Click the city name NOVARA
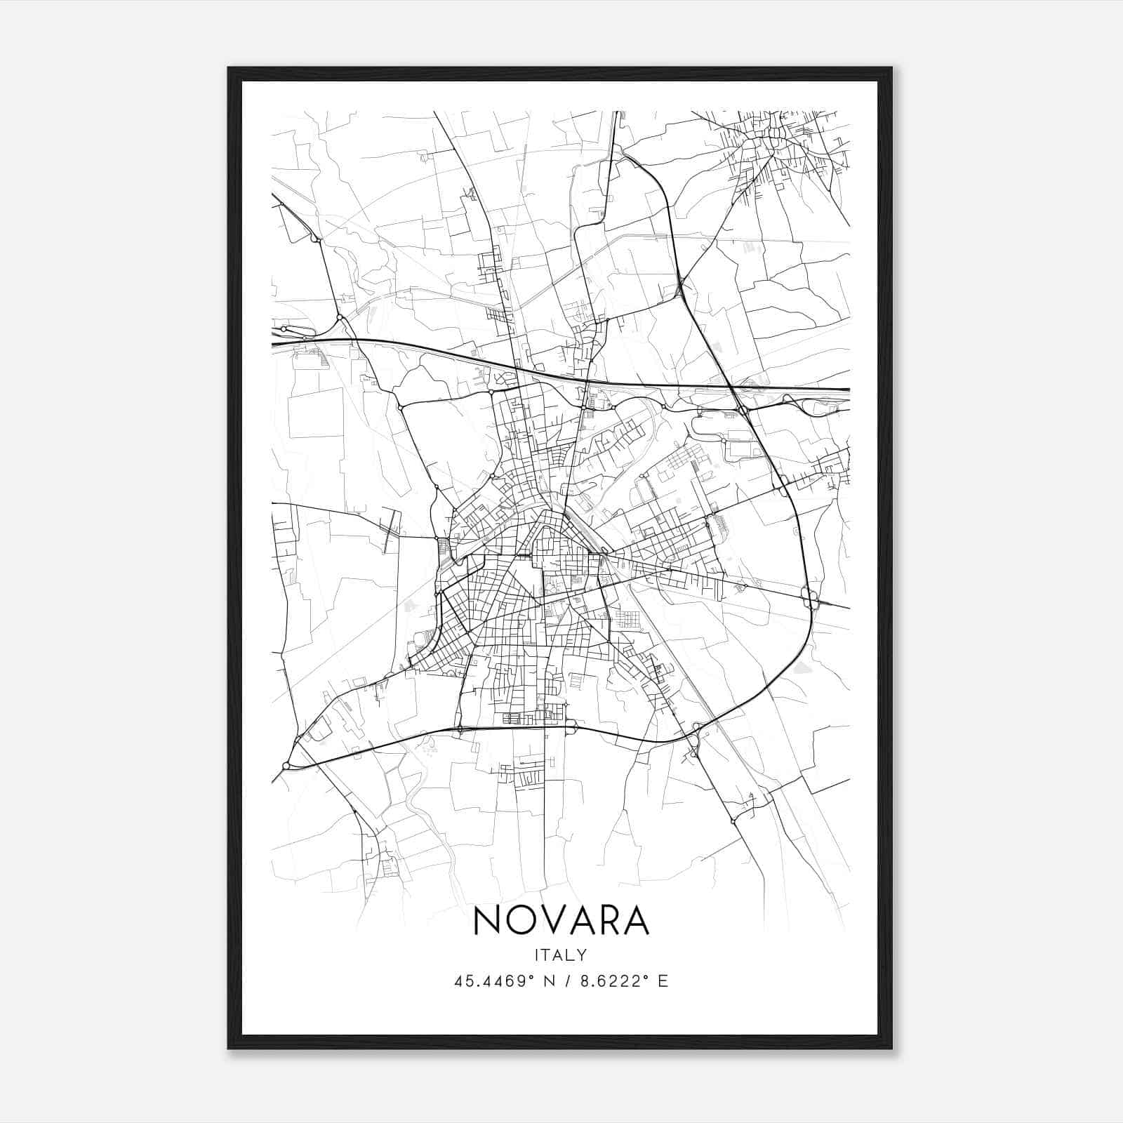(561, 919)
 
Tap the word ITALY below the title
(561, 955)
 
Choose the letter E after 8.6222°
(663, 981)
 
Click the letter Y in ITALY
(583, 955)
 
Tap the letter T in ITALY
(548, 955)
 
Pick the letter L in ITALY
(572, 955)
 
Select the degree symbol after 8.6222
(647, 976)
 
